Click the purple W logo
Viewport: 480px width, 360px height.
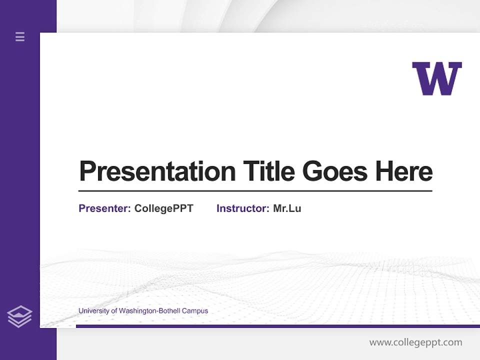coord(436,78)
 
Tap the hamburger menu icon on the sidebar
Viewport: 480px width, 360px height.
coord(20,36)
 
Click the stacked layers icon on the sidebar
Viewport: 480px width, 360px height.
coord(19,316)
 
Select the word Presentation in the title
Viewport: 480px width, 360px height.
coord(157,171)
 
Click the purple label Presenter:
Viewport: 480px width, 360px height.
coord(104,208)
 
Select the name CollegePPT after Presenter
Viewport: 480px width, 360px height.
coord(163,208)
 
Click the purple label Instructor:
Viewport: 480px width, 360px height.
coord(242,208)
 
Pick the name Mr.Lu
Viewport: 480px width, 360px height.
coord(287,208)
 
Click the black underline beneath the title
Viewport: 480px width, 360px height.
coord(255,191)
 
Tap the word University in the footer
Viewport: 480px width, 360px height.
coord(93,311)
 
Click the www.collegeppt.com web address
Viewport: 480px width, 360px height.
coord(415,342)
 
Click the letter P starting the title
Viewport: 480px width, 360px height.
coord(87,171)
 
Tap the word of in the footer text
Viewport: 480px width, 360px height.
coord(113,311)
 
